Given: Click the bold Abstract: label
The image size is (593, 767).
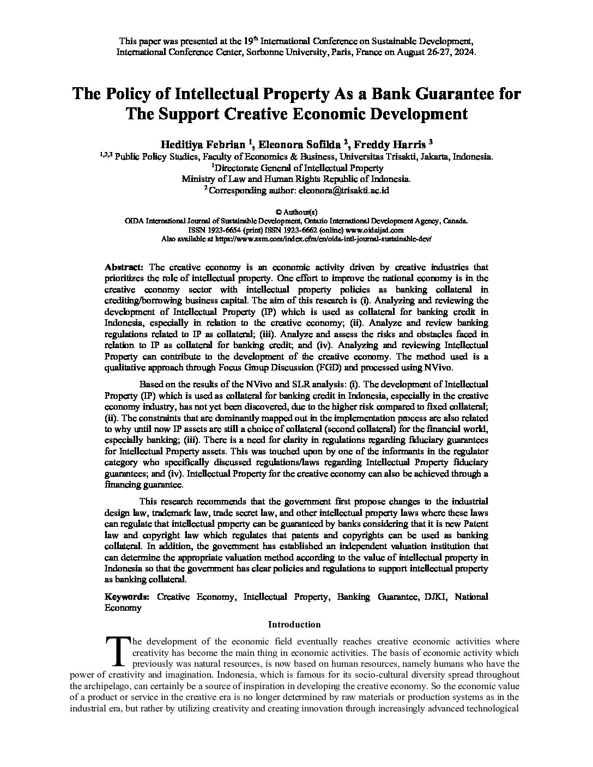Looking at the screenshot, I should pyautogui.click(x=124, y=267).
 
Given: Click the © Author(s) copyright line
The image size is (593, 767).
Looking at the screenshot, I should pyautogui.click(x=296, y=212).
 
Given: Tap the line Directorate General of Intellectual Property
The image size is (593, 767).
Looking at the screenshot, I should pyautogui.click(x=297, y=168).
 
